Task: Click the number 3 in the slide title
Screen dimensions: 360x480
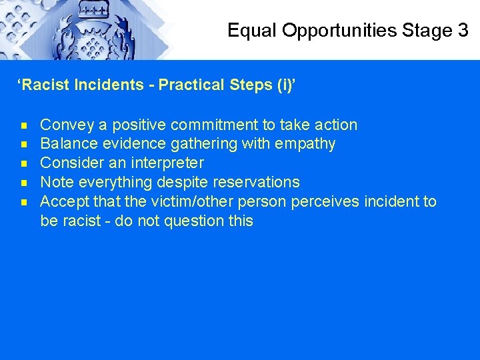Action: pos(462,30)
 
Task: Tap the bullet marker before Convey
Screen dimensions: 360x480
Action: pos(24,125)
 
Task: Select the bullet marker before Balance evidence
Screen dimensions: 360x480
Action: pos(24,144)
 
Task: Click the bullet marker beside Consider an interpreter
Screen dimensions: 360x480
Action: pos(24,163)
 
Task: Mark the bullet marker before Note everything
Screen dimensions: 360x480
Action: pos(24,183)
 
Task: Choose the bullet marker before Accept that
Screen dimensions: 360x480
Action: pos(24,202)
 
